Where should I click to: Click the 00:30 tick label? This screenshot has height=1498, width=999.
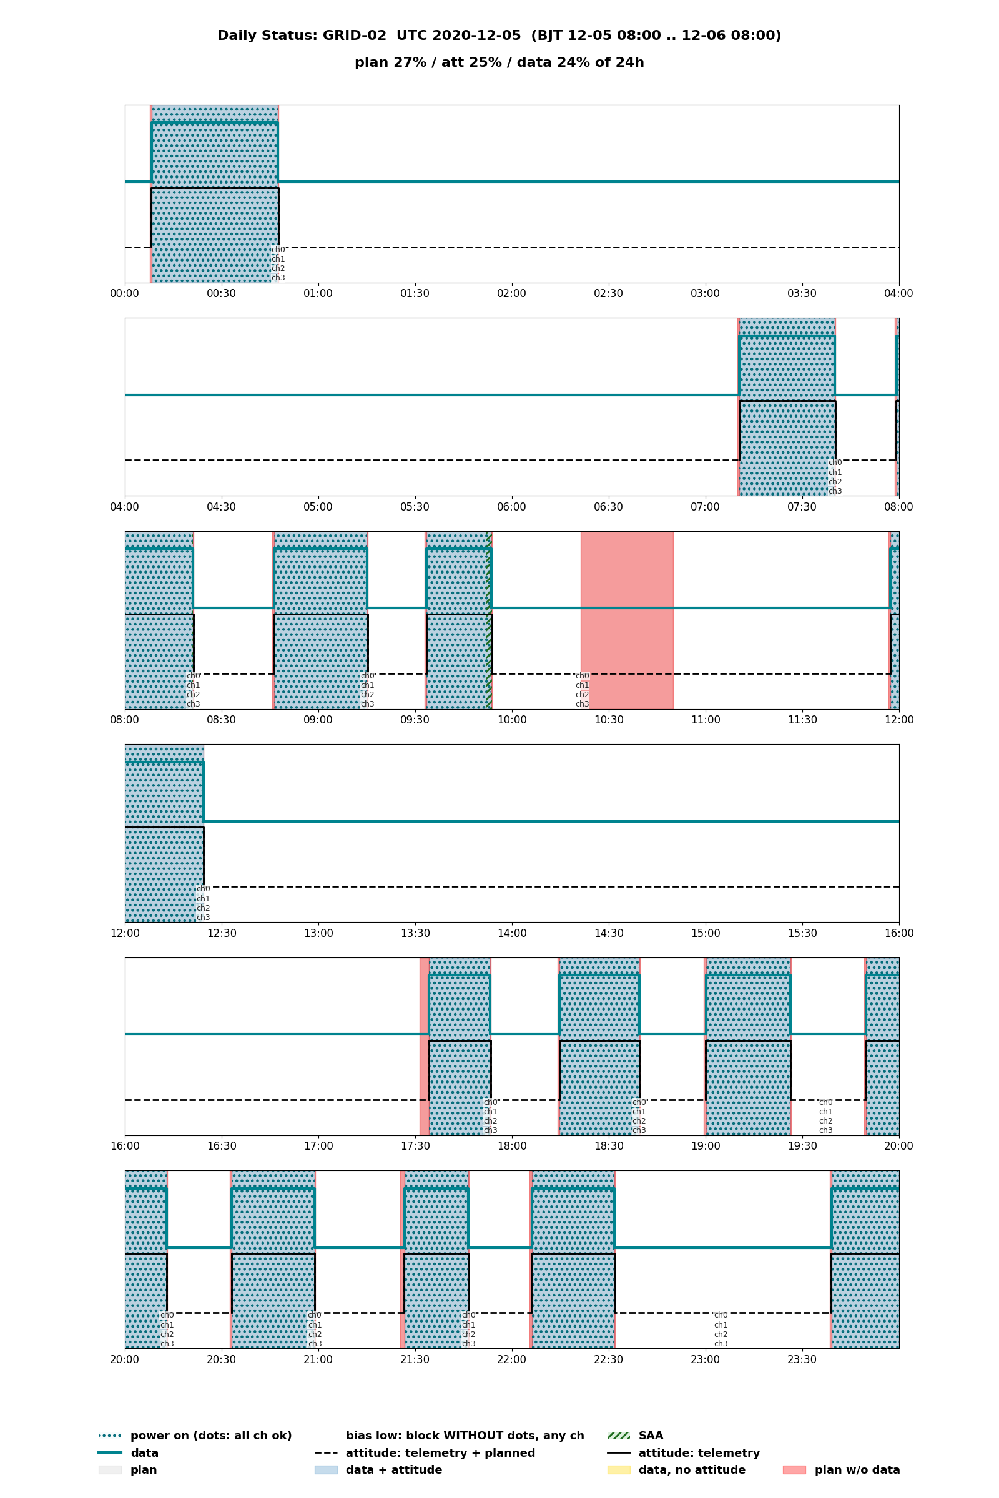(221, 293)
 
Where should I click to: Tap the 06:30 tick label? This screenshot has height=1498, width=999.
(608, 507)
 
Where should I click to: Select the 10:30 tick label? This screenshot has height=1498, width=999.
(608, 720)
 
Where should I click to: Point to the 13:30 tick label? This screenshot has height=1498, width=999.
(415, 933)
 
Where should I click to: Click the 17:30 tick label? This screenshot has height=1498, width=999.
(415, 1146)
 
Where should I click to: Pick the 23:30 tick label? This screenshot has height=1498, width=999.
(802, 1359)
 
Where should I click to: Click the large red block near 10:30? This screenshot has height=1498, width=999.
(627, 620)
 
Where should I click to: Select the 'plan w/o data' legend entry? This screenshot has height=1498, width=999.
(842, 1470)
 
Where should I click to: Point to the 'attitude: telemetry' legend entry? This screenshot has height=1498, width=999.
(684, 1453)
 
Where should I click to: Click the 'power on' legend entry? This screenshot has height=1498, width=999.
(195, 1436)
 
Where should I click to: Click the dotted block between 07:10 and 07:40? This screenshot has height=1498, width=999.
(787, 407)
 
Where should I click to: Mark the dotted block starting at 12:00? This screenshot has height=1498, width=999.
(164, 833)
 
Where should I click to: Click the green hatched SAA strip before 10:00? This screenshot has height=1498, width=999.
(489, 620)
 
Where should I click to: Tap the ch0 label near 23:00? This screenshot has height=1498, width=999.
(721, 1315)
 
